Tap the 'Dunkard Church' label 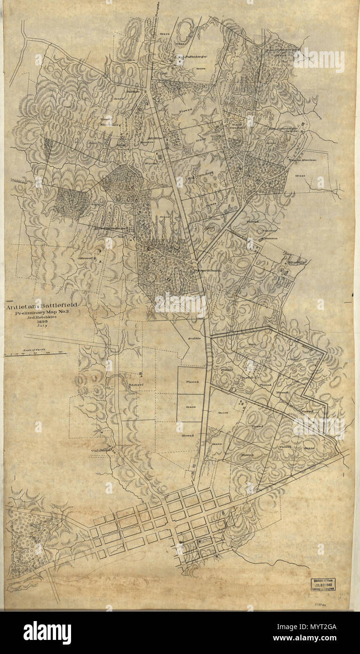208,271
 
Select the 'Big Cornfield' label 198,178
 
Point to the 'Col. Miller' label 100,450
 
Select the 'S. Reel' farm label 136,383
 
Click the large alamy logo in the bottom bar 47,632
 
